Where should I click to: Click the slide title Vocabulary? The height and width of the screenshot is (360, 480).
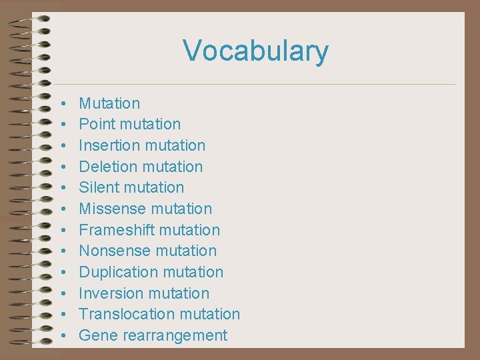coord(255,51)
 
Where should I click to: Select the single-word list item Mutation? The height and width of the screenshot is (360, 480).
coord(109,103)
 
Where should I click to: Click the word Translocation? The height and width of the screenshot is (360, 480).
coord(121,314)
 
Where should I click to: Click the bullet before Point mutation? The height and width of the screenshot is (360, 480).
coord(61,125)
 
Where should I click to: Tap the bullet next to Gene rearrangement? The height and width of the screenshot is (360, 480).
coord(61,336)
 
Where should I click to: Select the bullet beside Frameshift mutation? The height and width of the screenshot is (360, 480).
coord(61,231)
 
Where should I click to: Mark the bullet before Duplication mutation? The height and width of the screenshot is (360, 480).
coord(61,273)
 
